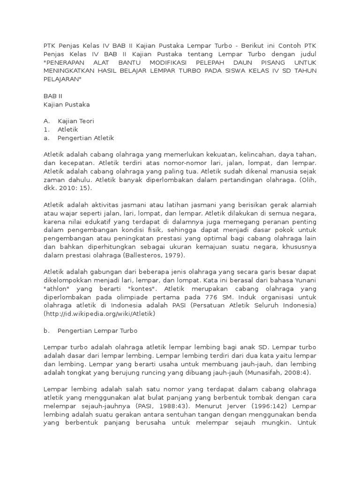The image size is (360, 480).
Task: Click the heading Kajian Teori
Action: (x=75, y=121)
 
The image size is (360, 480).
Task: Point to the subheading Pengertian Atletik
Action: (x=86, y=138)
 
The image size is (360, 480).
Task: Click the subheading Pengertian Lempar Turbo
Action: (x=97, y=330)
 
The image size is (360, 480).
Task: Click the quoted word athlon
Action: (x=56, y=289)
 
